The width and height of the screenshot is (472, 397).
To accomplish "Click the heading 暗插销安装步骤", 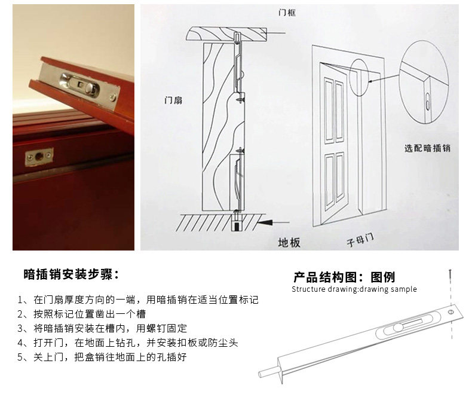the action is pyautogui.click(x=71, y=274).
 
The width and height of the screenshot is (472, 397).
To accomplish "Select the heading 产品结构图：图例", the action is pyautogui.click(x=344, y=277).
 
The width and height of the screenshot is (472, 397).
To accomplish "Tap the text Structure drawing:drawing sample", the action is pyautogui.click(x=354, y=289).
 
